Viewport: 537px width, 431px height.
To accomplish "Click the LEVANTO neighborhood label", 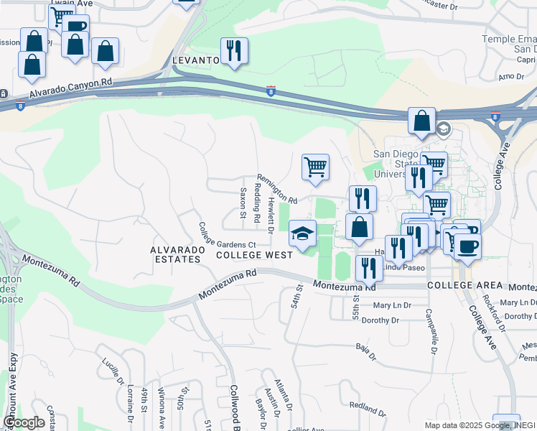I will [195, 60].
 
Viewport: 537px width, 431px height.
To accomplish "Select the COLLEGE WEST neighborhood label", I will [254, 255].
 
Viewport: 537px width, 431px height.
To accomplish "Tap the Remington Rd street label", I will [277, 189].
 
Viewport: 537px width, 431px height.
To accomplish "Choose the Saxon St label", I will [243, 203].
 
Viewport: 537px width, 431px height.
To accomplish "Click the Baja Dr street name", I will [365, 351].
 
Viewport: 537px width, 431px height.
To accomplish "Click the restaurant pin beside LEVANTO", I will [234, 52].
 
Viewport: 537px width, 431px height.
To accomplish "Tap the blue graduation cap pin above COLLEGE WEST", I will [303, 234].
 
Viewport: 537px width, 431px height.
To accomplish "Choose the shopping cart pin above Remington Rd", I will [315, 169].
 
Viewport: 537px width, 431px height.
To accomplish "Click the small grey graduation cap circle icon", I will [443, 129].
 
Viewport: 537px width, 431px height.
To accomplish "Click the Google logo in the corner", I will [24, 422].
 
